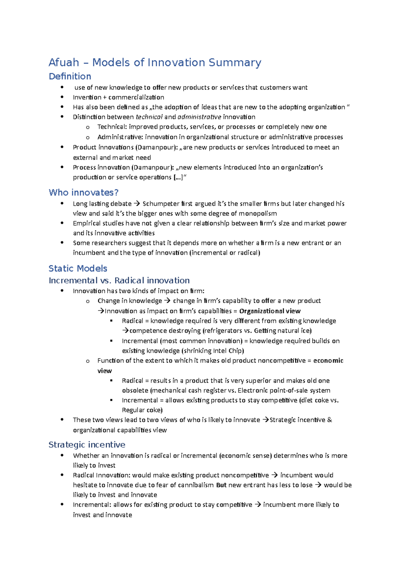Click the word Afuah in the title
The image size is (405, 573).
(64, 63)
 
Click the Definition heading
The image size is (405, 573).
(70, 77)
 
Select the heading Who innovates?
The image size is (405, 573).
(83, 193)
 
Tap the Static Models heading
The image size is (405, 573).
(78, 269)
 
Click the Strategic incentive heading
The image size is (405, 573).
(87, 445)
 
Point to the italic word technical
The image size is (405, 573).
(149, 117)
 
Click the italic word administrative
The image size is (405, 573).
(199, 117)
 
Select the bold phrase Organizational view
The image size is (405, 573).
(270, 311)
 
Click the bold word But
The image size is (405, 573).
(221, 485)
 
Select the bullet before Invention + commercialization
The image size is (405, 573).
(62, 97)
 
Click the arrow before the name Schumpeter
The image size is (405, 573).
(136, 204)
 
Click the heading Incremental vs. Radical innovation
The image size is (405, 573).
(119, 280)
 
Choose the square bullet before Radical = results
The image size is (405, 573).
(111, 381)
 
